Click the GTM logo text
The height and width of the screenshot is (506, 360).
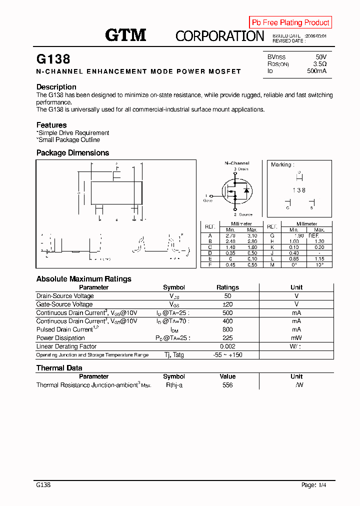coord(125,35)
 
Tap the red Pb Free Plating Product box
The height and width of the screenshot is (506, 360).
coord(290,22)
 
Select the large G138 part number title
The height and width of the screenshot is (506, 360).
coord(53,59)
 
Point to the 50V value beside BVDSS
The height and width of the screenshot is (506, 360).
coord(321,57)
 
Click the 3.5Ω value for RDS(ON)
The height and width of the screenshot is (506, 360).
coord(320,64)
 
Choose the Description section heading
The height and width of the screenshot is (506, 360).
coord(56,87)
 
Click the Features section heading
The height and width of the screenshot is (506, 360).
coord(51,125)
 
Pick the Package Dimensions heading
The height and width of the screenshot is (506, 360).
coord(72,153)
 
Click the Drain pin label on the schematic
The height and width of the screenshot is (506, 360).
coord(242,169)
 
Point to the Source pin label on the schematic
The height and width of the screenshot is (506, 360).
coord(245,214)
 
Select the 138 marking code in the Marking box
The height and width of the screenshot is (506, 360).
coord(299,190)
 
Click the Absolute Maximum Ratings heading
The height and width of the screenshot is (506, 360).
coord(83,279)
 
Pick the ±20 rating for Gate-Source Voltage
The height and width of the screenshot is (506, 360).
coord(227,304)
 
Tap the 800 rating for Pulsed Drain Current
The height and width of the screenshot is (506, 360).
coord(227,329)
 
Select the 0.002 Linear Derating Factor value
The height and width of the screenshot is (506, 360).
coord(227,346)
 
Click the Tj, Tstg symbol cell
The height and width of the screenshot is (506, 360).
coord(174,355)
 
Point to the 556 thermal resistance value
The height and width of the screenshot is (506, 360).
coord(227,385)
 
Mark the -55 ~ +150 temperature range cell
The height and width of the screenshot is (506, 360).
coord(227,355)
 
